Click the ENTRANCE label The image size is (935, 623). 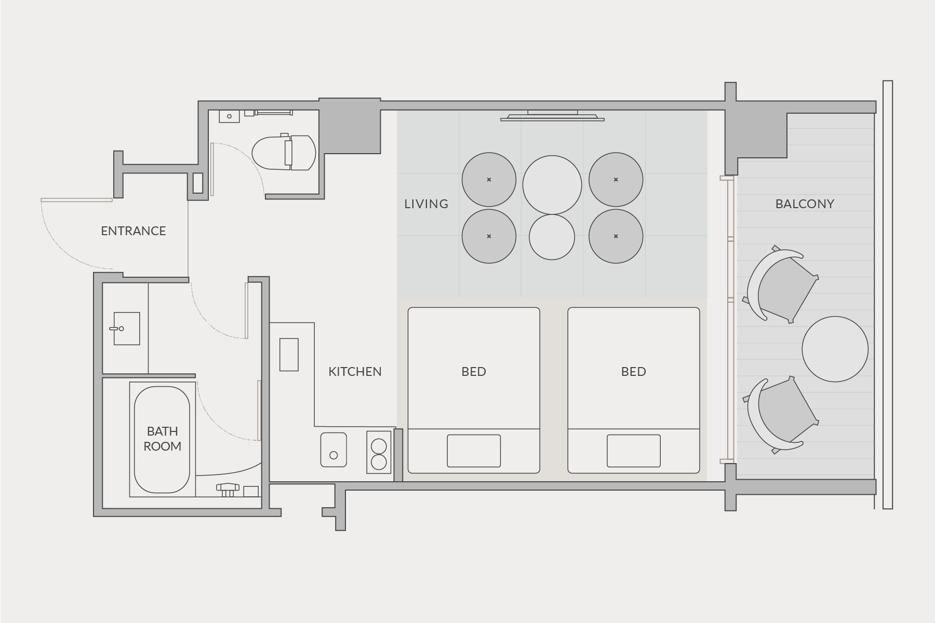(x=133, y=231)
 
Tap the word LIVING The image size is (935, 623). (x=426, y=204)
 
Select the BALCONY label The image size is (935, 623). (x=805, y=204)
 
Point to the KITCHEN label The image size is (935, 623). (x=355, y=372)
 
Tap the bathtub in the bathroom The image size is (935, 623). (x=162, y=439)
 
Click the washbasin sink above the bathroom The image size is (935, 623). (x=126, y=329)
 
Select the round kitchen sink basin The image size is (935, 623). (x=333, y=450)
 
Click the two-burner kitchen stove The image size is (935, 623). (x=379, y=452)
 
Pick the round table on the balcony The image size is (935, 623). (x=835, y=349)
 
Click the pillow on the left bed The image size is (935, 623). (x=474, y=451)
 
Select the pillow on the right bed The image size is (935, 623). (x=634, y=451)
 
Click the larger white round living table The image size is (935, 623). (x=552, y=185)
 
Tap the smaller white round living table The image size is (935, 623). (x=552, y=237)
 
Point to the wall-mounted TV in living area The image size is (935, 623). (x=552, y=116)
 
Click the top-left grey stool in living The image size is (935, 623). (x=489, y=180)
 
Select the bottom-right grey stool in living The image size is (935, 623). (x=616, y=236)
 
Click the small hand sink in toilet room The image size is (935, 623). (x=229, y=116)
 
